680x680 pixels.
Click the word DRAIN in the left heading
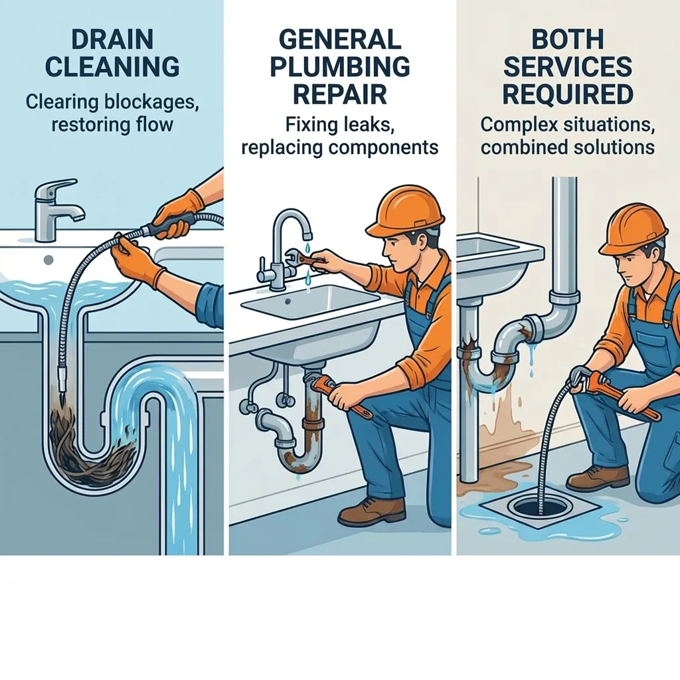point(112,39)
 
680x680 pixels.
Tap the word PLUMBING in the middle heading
point(340,66)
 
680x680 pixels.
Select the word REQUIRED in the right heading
point(568,94)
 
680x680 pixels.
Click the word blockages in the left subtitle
point(151,103)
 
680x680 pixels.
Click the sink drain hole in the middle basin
point(288,301)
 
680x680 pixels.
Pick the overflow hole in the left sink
point(48,260)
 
